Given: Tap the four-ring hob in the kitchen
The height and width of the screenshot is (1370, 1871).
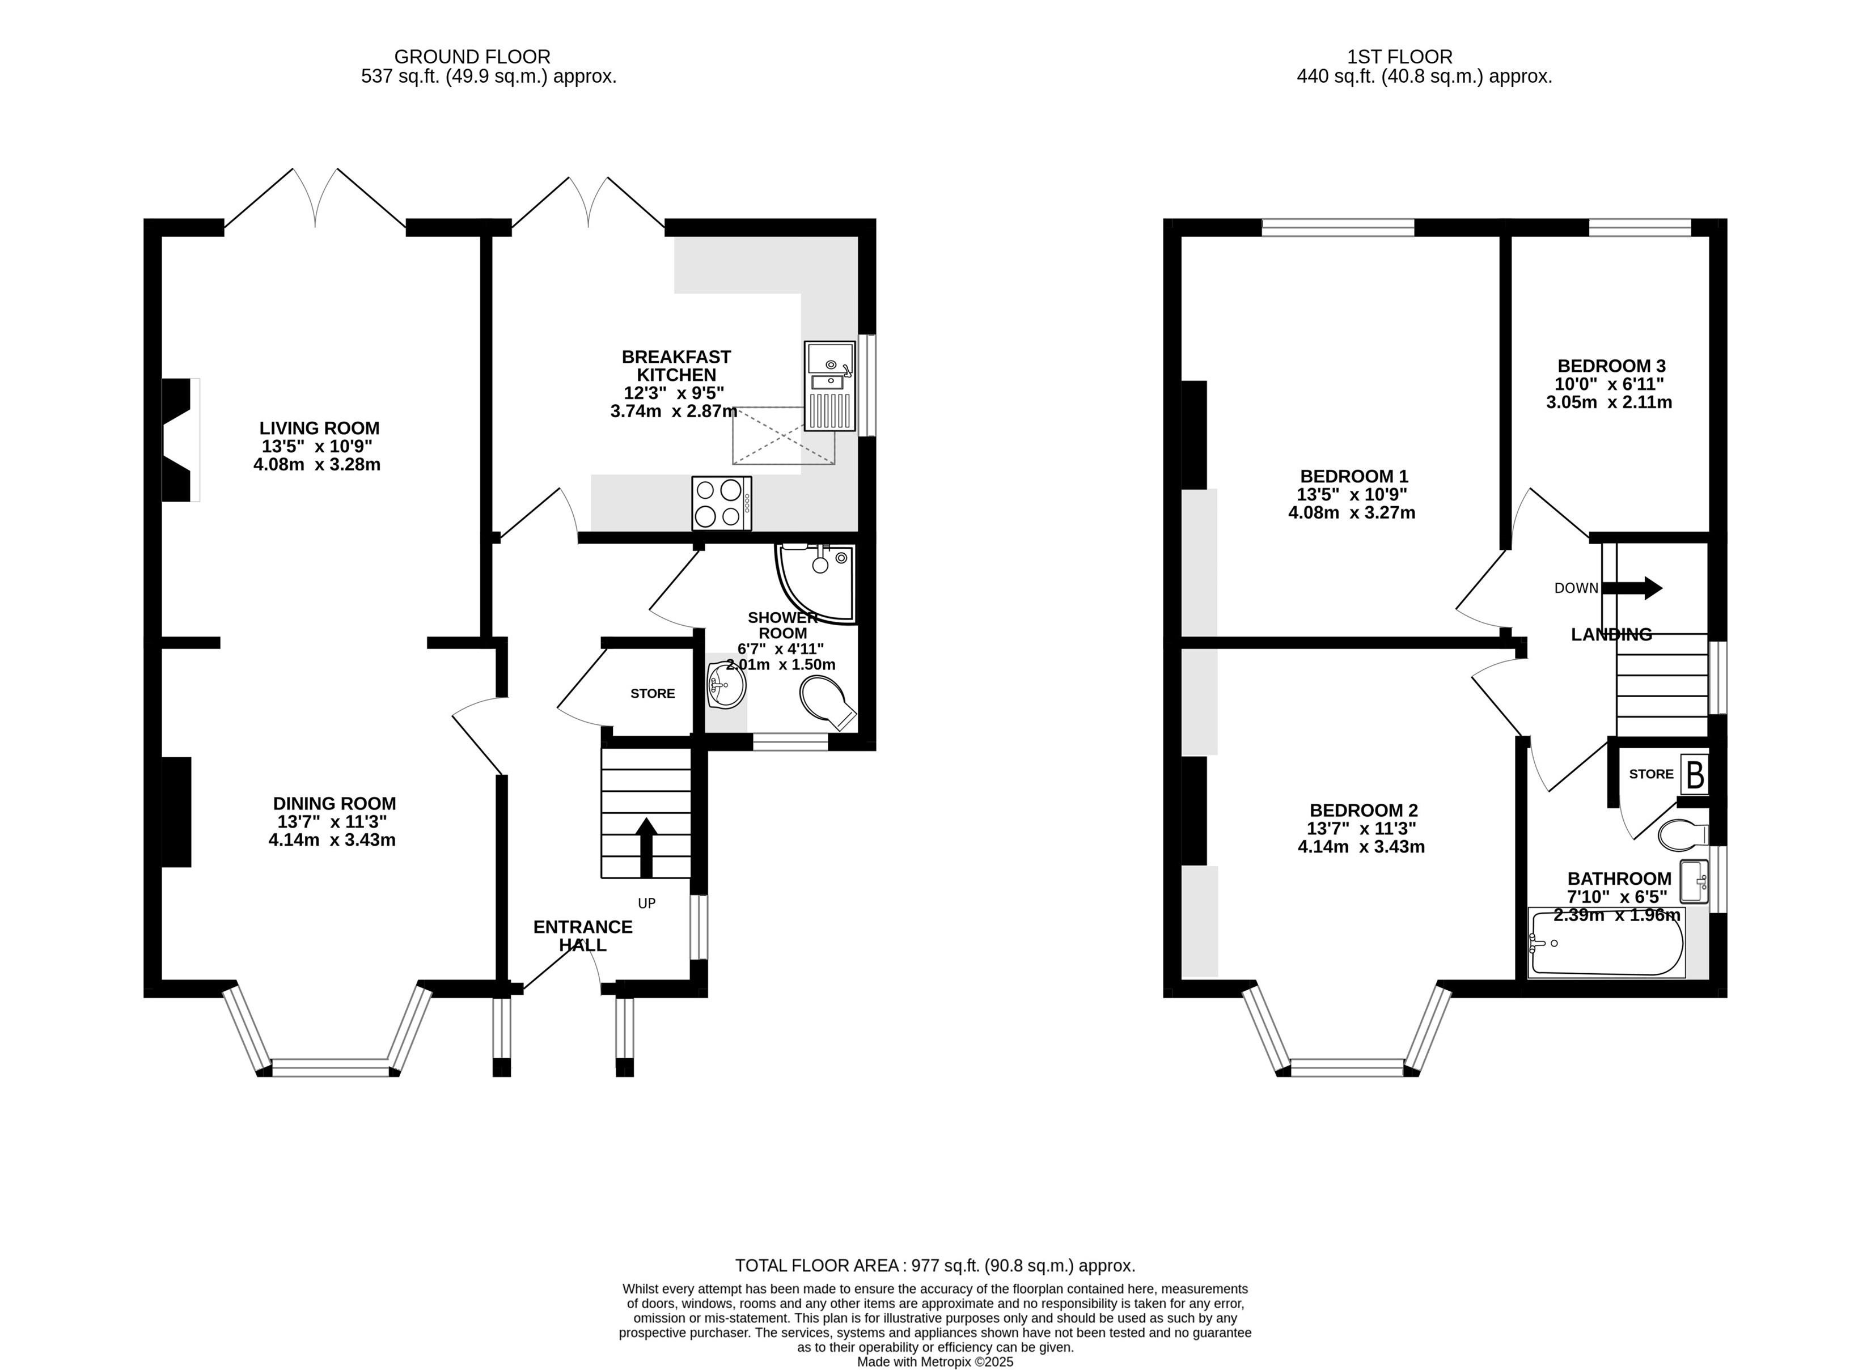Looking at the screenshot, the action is pos(722,503).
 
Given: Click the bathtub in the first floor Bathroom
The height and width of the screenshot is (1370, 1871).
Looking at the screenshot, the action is pos(1606,944).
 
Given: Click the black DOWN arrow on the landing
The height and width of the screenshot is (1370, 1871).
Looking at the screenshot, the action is pos(1631,588).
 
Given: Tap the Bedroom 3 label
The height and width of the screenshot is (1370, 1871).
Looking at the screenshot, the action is pos(1611,366).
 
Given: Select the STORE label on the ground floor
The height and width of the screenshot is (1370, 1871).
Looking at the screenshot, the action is pos(653,693).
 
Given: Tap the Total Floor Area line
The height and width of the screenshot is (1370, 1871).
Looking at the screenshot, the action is pos(935,1266).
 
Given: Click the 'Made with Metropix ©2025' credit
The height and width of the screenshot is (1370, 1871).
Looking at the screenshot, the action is pos(935,1361).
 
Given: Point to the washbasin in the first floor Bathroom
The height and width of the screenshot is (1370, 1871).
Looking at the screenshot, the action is pos(1694,881).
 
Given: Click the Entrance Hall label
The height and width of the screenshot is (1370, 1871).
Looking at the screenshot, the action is pos(582,935).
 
